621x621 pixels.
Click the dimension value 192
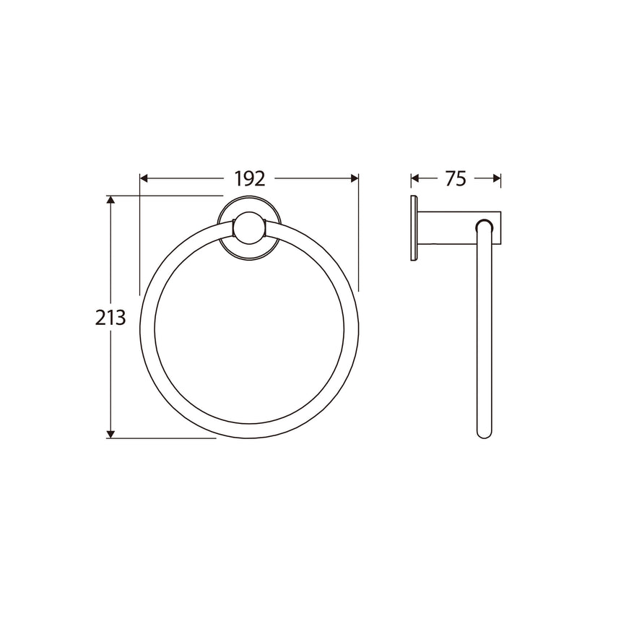249,178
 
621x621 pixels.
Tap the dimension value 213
110,316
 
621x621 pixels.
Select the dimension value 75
456,178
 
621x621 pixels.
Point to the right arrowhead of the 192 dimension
354,178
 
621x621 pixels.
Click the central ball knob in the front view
249,230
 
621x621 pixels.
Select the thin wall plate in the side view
413,227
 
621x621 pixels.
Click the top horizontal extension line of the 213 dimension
166,196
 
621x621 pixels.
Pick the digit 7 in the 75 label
450,178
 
